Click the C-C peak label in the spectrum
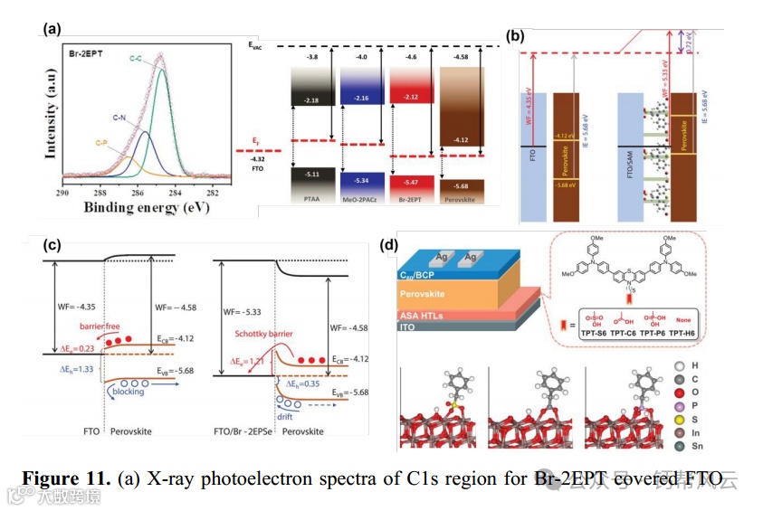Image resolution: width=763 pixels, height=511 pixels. (136, 59)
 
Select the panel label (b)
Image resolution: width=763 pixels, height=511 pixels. (514, 37)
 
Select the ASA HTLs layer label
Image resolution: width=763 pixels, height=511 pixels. (423, 314)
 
